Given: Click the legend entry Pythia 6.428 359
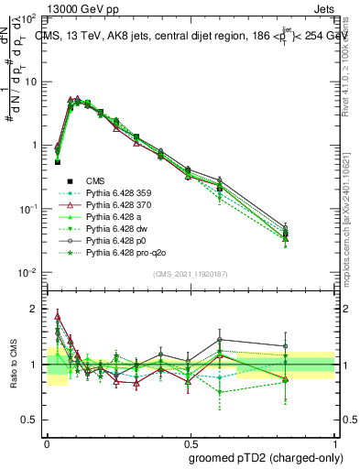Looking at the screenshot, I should (x=121, y=193).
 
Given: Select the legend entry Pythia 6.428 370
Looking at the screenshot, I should (x=121, y=205).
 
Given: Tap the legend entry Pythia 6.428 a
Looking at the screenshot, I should (x=117, y=217).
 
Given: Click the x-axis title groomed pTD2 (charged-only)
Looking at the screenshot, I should (x=265, y=457).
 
